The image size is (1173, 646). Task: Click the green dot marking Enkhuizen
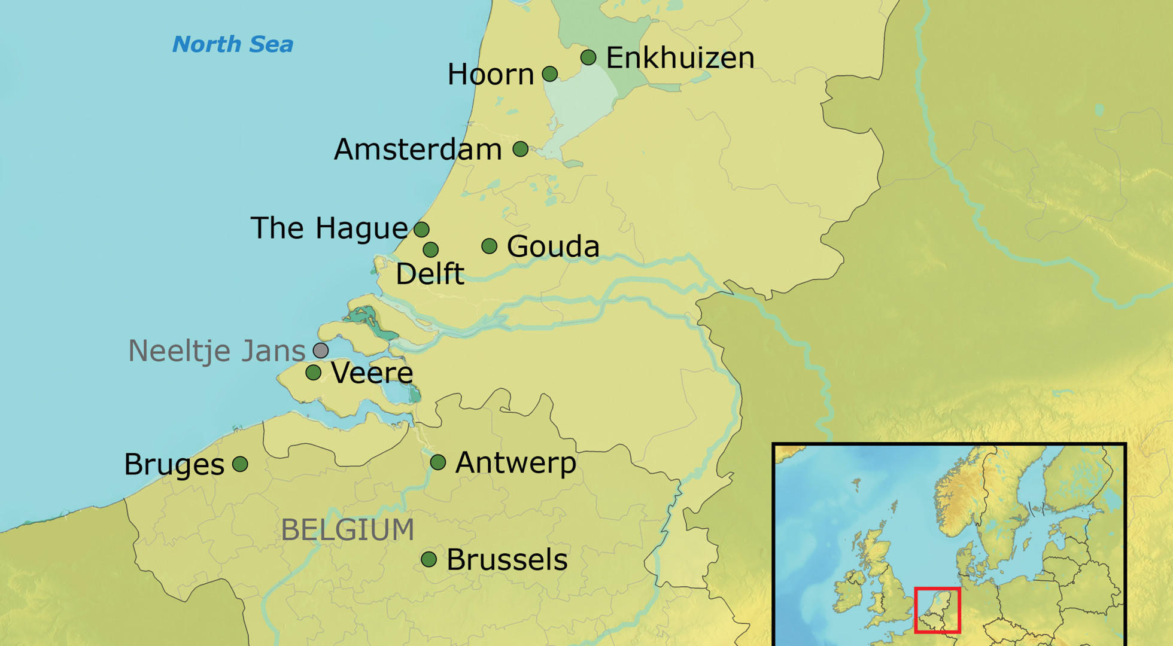[x=588, y=57]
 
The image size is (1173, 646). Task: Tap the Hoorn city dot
[x=550, y=74]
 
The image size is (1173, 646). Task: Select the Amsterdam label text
[x=418, y=150]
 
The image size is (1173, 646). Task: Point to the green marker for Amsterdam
[x=521, y=149]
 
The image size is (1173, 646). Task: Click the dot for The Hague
[x=421, y=229]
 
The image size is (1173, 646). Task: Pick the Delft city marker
[x=430, y=249]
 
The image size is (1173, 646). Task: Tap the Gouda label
[x=553, y=246]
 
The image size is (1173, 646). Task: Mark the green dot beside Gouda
[x=489, y=246]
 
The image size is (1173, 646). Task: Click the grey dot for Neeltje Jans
[x=321, y=350]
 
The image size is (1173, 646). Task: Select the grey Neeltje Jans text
[x=217, y=351]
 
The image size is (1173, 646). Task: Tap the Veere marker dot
[x=313, y=373]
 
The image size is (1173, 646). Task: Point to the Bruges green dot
[x=240, y=464]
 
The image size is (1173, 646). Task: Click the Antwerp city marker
[x=438, y=462]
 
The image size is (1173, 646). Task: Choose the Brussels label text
[x=507, y=560]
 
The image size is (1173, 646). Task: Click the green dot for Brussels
[x=429, y=559]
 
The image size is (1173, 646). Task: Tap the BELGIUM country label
[x=348, y=530]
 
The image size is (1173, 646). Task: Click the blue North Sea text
[x=233, y=44]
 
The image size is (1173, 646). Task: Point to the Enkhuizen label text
[x=680, y=58]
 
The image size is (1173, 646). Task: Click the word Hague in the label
[x=361, y=229]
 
